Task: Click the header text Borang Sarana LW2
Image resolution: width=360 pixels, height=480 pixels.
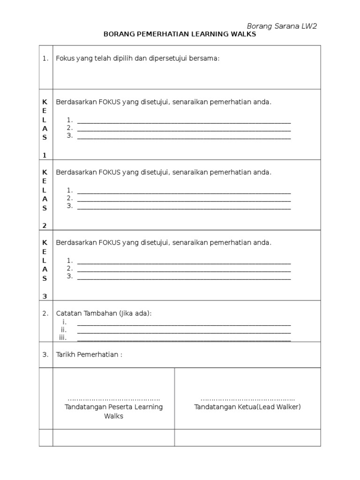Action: tap(282, 26)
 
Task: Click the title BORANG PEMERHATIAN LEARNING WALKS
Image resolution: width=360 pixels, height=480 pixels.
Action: tap(180, 35)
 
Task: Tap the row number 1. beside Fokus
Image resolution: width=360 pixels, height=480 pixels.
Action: tap(45, 59)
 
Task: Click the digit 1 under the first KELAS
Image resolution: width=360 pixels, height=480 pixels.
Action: tap(45, 155)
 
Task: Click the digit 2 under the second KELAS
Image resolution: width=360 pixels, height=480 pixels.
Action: tap(45, 225)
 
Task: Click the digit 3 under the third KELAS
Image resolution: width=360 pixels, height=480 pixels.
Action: tap(45, 296)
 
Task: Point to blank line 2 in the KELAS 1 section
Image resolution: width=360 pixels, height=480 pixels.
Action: tap(184, 130)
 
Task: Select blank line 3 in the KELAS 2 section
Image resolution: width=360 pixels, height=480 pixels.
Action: tap(184, 208)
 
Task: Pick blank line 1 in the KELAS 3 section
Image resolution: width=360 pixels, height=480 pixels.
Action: tap(184, 262)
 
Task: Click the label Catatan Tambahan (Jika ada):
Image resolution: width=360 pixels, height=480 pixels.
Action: tap(104, 313)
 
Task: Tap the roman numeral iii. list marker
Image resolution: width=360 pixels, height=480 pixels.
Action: tap(63, 337)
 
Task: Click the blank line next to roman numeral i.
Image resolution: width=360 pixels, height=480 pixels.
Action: tap(184, 324)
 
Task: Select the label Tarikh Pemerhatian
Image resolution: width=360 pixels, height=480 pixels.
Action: tap(89, 354)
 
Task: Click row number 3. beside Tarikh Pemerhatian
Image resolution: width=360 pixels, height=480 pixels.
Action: tap(45, 354)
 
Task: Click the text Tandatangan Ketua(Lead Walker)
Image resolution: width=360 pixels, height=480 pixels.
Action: tap(247, 407)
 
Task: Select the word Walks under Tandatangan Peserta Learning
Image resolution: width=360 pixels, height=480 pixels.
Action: tap(113, 416)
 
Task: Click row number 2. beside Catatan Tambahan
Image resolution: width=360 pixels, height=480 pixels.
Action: tap(45, 313)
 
